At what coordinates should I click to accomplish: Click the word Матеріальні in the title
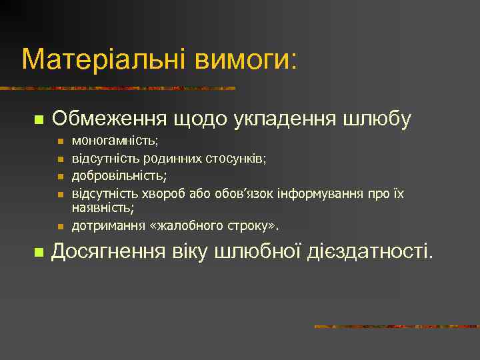pos(105,59)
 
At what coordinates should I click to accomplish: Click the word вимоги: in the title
pos(246,59)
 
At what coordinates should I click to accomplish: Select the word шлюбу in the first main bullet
pos(377,119)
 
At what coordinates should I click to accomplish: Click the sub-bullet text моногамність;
pos(115,141)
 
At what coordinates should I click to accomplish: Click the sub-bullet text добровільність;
pos(119,175)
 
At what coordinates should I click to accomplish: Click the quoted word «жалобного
pos(179,226)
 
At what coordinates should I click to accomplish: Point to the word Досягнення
pos(109,252)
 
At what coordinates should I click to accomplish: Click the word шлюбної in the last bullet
pos(261,252)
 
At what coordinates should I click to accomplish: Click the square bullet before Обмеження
pos(38,120)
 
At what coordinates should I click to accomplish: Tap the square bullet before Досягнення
pos(38,253)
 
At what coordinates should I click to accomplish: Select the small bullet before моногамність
pos(60,142)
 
